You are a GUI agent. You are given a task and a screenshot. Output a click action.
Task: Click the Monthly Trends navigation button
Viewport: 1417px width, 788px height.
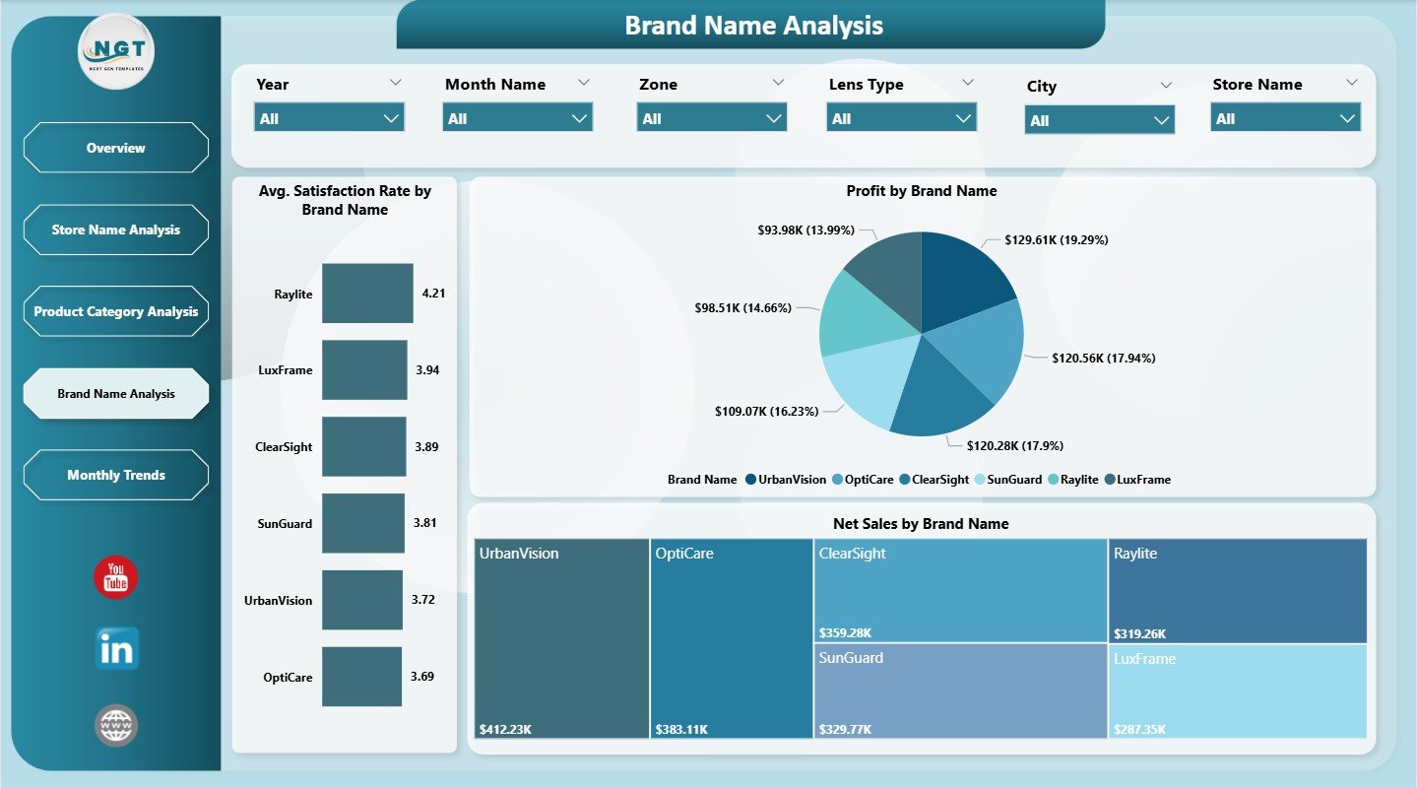coord(115,475)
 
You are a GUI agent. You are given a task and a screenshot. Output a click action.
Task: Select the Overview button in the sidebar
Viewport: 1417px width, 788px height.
coord(115,148)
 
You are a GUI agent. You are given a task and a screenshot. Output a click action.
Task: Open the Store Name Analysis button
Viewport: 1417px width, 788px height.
coord(115,230)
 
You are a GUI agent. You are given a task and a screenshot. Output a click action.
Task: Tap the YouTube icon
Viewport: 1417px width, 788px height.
coord(116,577)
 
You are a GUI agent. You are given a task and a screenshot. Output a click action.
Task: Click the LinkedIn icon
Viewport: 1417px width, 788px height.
coord(116,649)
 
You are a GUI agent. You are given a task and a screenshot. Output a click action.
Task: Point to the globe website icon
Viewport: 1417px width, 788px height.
coord(116,725)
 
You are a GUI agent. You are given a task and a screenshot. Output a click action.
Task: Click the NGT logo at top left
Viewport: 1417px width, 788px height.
coord(116,51)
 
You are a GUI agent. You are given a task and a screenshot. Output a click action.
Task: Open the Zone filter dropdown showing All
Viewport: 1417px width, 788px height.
coord(712,118)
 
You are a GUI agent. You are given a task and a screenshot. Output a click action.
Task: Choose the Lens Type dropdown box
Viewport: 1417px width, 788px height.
coord(901,118)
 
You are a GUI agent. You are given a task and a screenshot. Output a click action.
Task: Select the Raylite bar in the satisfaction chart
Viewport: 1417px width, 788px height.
coord(367,294)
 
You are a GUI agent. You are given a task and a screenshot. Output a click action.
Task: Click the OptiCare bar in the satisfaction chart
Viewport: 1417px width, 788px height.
coord(361,677)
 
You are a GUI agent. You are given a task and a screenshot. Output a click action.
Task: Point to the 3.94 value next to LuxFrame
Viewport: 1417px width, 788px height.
coord(427,370)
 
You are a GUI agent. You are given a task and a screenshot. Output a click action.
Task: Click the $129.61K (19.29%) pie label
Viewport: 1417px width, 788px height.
coord(1057,239)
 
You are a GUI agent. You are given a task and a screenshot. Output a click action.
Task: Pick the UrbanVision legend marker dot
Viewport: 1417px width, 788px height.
coord(750,480)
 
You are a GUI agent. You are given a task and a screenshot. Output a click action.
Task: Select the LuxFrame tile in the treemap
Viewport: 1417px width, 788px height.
coord(1237,690)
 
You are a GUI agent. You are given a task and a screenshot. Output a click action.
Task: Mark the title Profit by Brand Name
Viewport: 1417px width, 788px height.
coord(921,191)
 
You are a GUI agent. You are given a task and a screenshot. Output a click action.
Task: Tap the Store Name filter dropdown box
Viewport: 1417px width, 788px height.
coord(1285,118)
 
